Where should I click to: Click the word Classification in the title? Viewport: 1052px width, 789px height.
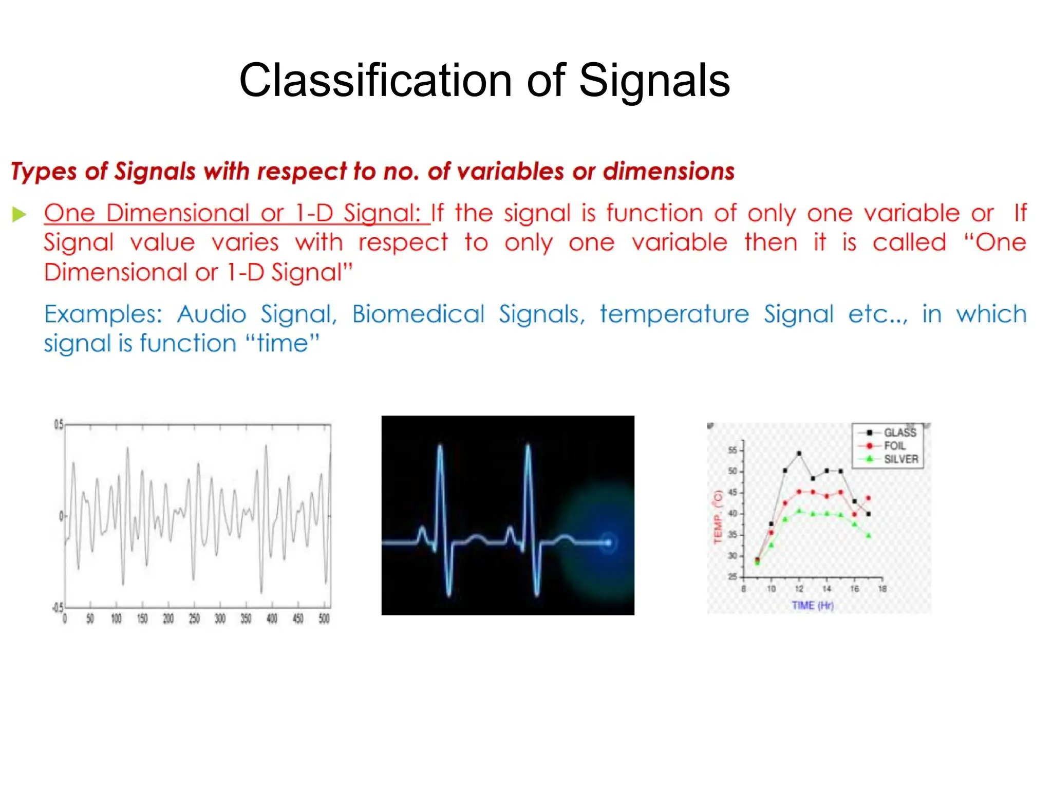pos(375,80)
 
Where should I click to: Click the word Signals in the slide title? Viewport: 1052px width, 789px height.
pos(654,80)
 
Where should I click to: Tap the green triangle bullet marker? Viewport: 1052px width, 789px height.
pos(19,214)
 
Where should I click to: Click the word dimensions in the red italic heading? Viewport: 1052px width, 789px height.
pos(668,171)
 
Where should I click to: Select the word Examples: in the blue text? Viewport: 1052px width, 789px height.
pos(103,314)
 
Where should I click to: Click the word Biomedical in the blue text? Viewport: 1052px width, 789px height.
pos(418,314)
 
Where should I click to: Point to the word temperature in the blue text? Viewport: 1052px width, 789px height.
pos(674,314)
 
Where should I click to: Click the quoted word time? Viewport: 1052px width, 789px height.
pos(282,343)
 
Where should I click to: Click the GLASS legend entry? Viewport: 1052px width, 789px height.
pos(899,433)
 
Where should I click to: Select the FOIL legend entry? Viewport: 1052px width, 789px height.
pos(894,446)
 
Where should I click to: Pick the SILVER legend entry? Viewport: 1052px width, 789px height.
pos(900,459)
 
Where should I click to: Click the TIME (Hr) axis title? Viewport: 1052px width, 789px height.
pos(813,606)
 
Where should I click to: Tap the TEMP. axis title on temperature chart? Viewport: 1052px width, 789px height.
pos(718,517)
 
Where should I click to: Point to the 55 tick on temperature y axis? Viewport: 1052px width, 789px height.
pos(732,450)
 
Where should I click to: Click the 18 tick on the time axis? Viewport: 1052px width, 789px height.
pos(882,589)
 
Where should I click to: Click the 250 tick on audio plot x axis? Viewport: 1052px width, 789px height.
pos(194,618)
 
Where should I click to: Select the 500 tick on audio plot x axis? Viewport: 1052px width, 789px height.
pos(324,618)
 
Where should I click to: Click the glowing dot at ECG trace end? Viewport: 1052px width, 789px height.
pos(608,542)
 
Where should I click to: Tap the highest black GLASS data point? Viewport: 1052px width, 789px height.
pos(799,454)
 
